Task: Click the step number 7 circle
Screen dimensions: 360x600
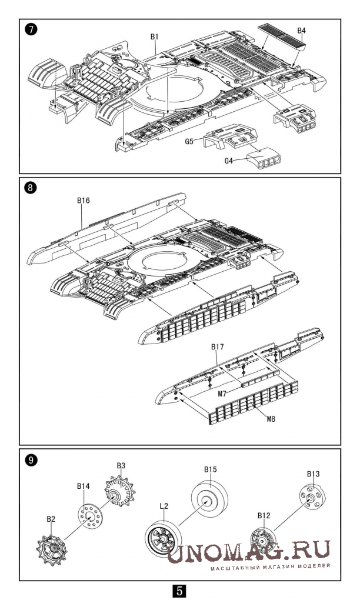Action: coord(31,30)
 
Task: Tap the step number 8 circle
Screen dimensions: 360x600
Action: coord(31,188)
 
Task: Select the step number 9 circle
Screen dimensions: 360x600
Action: coord(31,460)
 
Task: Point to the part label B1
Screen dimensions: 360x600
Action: coord(154,36)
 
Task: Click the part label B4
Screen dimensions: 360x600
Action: coord(301,30)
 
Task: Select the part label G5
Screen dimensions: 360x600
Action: coord(189,141)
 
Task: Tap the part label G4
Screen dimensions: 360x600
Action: coord(228,161)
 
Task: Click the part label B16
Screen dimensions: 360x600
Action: coord(83,201)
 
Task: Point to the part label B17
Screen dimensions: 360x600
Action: coord(217,347)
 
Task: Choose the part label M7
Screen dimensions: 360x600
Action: coord(223,394)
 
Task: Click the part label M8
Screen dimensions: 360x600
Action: coord(271,419)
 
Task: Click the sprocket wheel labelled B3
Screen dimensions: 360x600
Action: coord(120,491)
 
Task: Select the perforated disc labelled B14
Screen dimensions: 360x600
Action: coord(91,517)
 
